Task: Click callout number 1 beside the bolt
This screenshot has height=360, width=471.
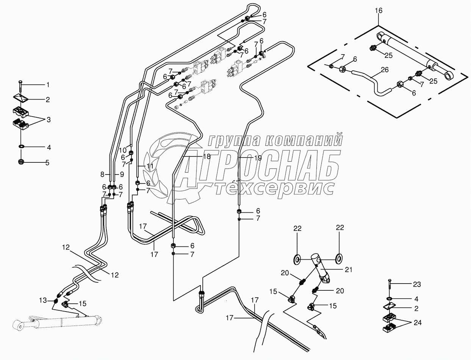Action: [48, 84]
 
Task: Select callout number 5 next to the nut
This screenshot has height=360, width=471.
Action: [47, 163]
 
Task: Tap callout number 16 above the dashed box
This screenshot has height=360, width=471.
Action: [379, 11]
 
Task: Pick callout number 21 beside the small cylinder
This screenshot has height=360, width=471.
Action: [349, 270]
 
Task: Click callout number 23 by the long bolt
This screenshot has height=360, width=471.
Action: [416, 284]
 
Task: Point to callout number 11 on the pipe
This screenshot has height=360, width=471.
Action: [150, 166]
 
